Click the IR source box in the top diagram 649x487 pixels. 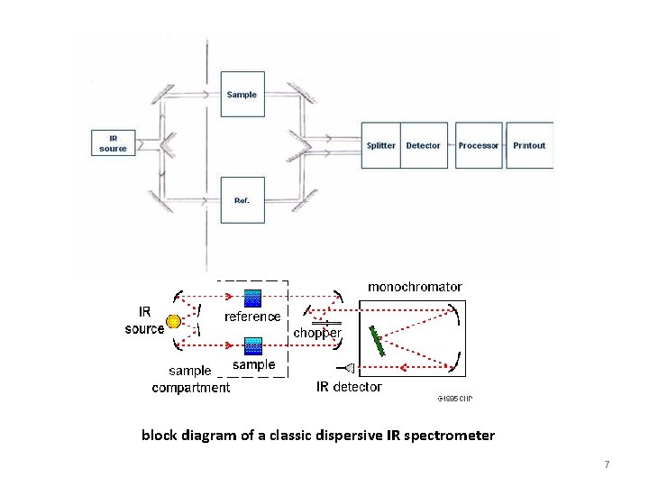pyautogui.click(x=114, y=142)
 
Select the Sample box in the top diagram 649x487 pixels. pyautogui.click(x=242, y=94)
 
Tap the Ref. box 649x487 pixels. pyautogui.click(x=242, y=199)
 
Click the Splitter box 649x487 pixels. pyautogui.click(x=380, y=145)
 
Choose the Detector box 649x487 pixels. pyautogui.click(x=424, y=145)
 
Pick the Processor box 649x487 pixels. pyautogui.click(x=478, y=145)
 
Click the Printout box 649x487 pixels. pyautogui.click(x=529, y=145)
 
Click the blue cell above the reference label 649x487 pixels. pyautogui.click(x=253, y=298)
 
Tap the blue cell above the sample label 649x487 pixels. pyautogui.click(x=253, y=345)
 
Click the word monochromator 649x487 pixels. pyautogui.click(x=415, y=286)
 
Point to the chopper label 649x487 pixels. pyautogui.click(x=318, y=333)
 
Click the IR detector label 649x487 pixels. pyautogui.click(x=349, y=387)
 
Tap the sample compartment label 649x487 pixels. pyautogui.click(x=190, y=379)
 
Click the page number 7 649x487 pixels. pyautogui.click(x=607, y=464)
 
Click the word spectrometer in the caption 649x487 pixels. pyautogui.click(x=450, y=436)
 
